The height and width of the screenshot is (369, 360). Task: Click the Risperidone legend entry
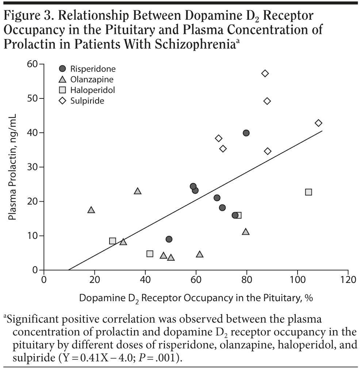tap(88, 69)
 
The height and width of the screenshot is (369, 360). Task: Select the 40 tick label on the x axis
tap(145, 280)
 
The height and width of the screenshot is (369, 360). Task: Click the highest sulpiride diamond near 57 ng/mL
tap(265, 73)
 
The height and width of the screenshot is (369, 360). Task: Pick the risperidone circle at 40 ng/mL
tap(246, 133)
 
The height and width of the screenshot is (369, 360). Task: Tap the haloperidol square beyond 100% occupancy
tap(309, 192)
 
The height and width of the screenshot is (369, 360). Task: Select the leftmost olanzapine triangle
tap(91, 210)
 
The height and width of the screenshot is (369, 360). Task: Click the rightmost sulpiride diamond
tap(319, 123)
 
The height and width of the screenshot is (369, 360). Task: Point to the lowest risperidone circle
tap(169, 239)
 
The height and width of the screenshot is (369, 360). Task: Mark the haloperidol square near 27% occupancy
tap(112, 241)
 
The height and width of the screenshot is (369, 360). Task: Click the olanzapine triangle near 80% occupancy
tap(246, 232)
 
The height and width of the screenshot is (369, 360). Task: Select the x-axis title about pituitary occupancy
tap(196, 298)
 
